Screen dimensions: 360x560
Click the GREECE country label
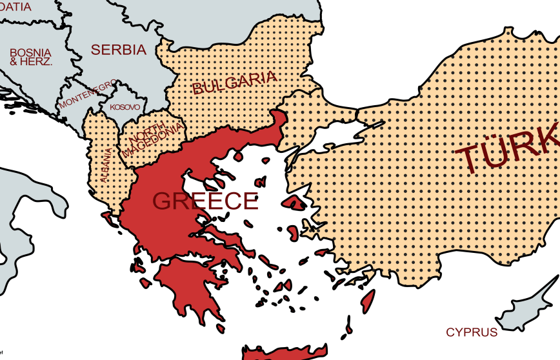point(205,201)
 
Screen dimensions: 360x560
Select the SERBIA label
point(119,49)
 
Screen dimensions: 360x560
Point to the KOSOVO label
point(124,106)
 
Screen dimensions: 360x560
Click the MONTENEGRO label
point(88,94)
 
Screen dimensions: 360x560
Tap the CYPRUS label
point(472,332)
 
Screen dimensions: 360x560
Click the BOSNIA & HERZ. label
point(31,57)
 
